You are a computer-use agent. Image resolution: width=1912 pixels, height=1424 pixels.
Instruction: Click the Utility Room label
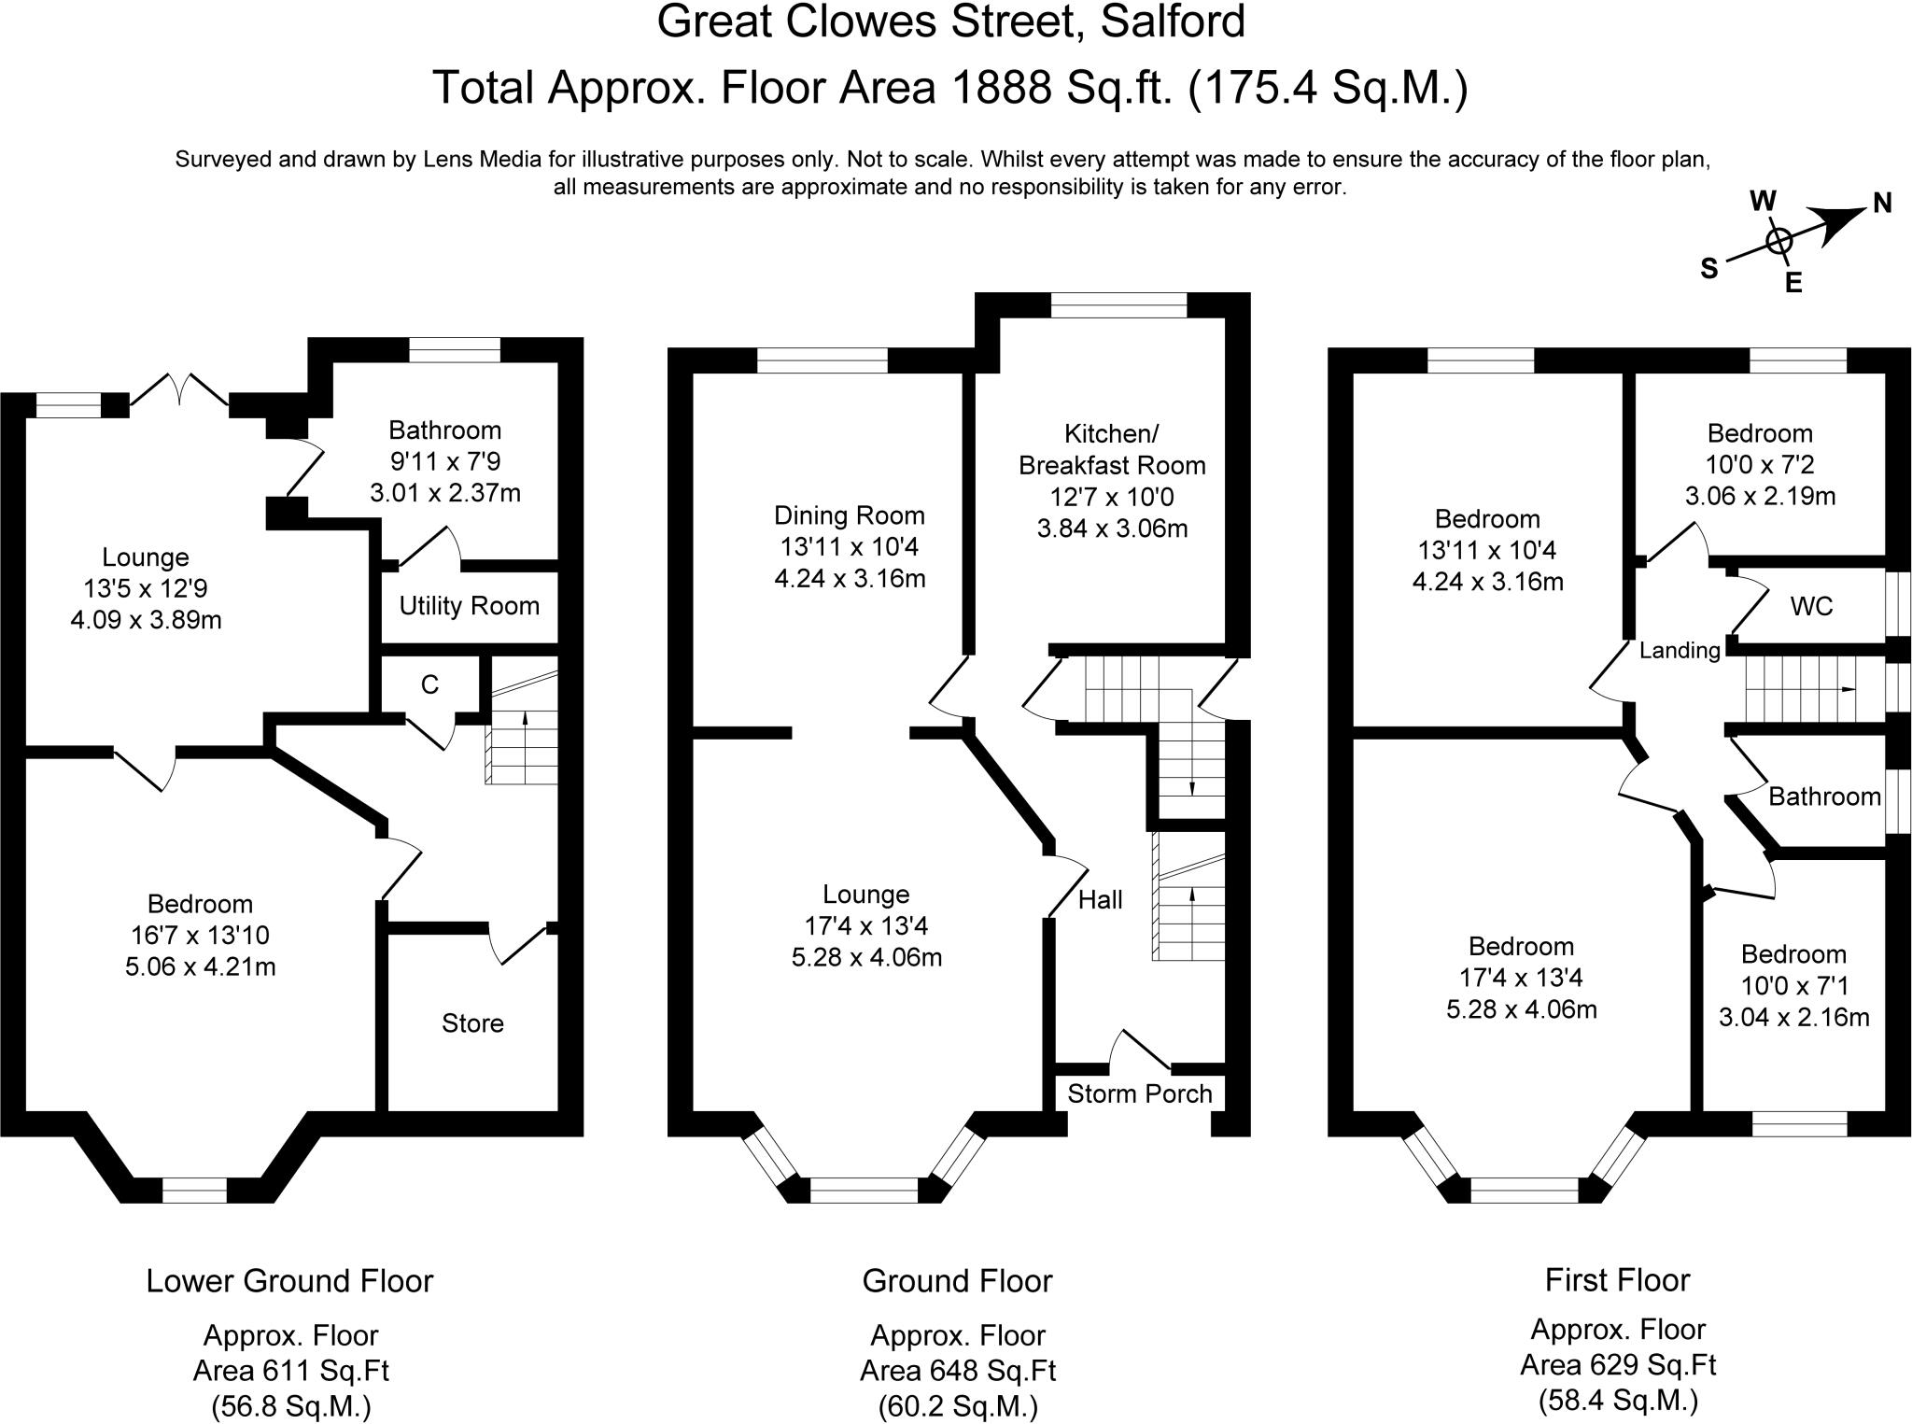click(469, 606)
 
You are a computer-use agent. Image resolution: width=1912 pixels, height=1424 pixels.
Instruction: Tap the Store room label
click(472, 1023)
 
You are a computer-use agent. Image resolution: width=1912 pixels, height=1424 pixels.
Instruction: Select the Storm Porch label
click(1139, 1093)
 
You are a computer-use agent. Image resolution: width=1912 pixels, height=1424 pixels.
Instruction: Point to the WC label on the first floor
click(1811, 607)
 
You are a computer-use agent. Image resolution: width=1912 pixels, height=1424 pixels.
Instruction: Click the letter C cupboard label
click(429, 685)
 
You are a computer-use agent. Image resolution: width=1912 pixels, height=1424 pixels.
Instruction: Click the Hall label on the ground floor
click(1100, 900)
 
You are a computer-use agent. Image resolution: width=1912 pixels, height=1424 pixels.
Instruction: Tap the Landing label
click(1680, 651)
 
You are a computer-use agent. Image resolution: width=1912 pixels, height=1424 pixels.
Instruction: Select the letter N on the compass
click(1882, 204)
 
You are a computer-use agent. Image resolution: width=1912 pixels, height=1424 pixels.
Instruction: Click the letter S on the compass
click(1708, 269)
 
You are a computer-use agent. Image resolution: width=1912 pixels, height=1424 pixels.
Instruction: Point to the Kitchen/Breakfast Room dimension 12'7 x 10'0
click(1112, 497)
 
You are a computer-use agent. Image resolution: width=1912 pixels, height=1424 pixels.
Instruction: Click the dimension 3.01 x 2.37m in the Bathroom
click(445, 493)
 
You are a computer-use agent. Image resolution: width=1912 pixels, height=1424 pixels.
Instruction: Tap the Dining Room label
click(849, 515)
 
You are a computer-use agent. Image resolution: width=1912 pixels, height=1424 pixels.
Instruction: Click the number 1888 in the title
click(998, 88)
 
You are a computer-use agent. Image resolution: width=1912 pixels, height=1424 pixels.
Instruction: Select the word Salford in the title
click(1173, 21)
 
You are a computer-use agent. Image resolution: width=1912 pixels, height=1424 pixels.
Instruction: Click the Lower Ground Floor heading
click(289, 1280)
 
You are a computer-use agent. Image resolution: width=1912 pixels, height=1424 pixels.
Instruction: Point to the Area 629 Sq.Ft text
click(1618, 1365)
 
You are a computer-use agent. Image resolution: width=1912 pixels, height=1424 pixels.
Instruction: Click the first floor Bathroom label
click(1824, 797)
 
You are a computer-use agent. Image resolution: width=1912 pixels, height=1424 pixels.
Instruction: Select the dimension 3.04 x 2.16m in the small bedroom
click(1793, 1017)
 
